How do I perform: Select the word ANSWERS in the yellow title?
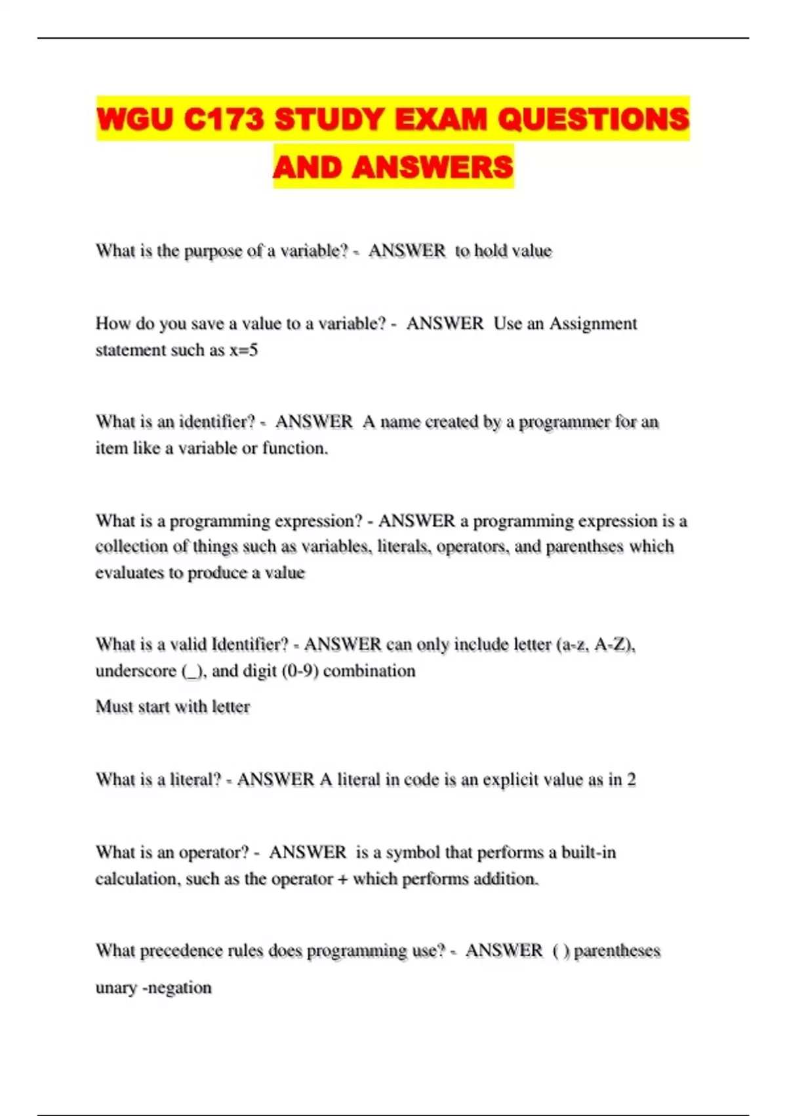pyautogui.click(x=432, y=167)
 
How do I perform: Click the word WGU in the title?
pyautogui.click(x=135, y=119)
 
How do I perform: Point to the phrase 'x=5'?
pyautogui.click(x=243, y=350)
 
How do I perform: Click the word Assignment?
pyautogui.click(x=593, y=324)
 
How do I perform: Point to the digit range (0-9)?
pyautogui.click(x=300, y=671)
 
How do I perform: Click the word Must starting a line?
pyautogui.click(x=115, y=707)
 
